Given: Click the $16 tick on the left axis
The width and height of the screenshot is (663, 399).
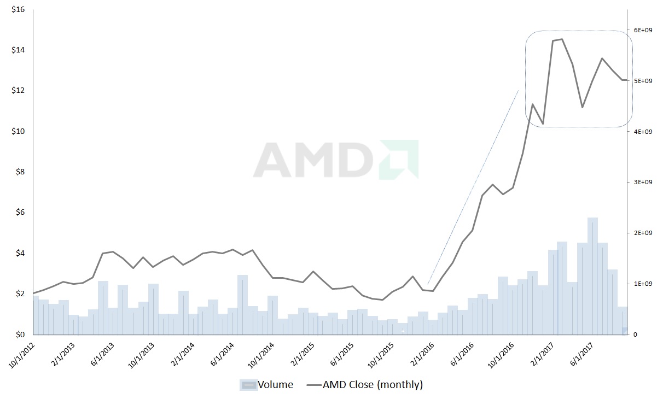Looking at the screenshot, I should [18, 9].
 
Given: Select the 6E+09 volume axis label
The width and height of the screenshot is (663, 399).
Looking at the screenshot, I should [642, 30].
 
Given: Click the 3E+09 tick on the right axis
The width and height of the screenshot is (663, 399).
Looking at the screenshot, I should [642, 182].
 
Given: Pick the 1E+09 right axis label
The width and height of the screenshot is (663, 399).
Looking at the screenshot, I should [642, 284].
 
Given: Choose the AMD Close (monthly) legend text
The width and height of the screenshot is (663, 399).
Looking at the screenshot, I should [373, 385].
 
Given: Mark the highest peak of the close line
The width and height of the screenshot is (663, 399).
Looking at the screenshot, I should [562, 39].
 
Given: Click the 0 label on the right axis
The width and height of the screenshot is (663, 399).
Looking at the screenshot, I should [635, 335].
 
